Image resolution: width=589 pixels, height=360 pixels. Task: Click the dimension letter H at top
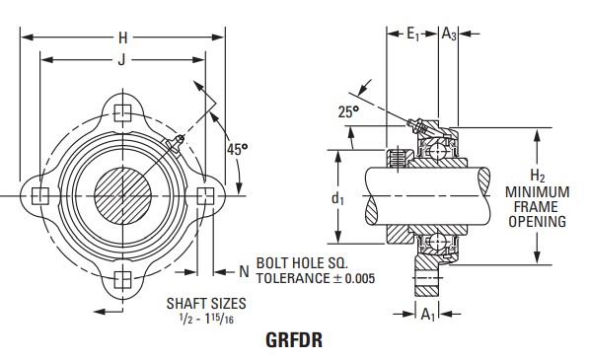tap(123, 38)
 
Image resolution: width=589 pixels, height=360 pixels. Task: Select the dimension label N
tap(243, 270)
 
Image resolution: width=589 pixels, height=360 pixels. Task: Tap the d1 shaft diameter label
tap(337, 198)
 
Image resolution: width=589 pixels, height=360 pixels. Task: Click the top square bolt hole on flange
tap(121, 110)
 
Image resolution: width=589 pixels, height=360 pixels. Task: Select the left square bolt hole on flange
tap(38, 194)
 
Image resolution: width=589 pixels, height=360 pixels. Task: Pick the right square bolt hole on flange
tap(204, 194)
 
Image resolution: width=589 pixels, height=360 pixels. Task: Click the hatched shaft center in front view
tap(121, 194)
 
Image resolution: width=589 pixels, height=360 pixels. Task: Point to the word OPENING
tap(537, 222)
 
